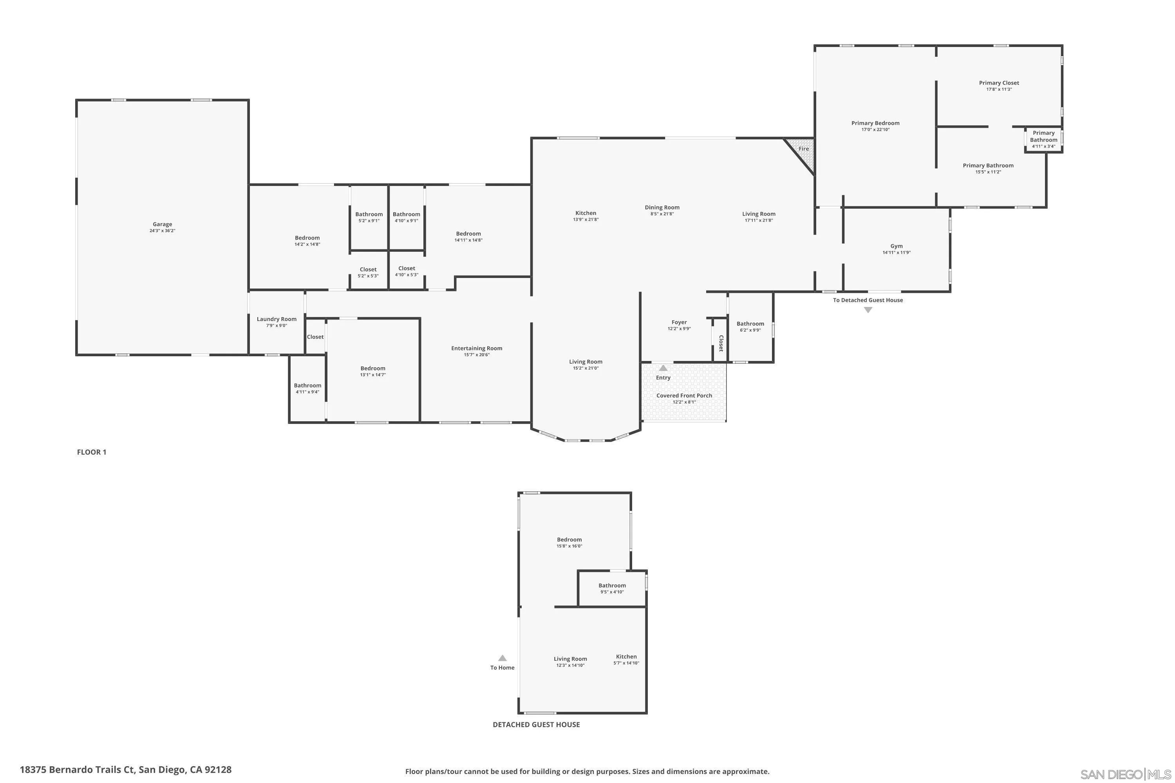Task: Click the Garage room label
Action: point(163,224)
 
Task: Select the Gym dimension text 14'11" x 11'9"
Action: point(896,253)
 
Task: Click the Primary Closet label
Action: point(999,83)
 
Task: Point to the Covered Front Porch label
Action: point(684,395)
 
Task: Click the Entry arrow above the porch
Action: point(663,368)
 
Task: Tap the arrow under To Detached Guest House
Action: point(868,310)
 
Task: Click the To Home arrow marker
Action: point(502,658)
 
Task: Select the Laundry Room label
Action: point(276,319)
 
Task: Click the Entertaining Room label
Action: point(477,348)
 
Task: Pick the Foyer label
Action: point(679,323)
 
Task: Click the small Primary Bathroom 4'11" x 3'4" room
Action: point(1043,139)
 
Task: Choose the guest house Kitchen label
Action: point(626,657)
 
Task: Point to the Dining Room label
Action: point(662,207)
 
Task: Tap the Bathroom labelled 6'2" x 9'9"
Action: point(750,327)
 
